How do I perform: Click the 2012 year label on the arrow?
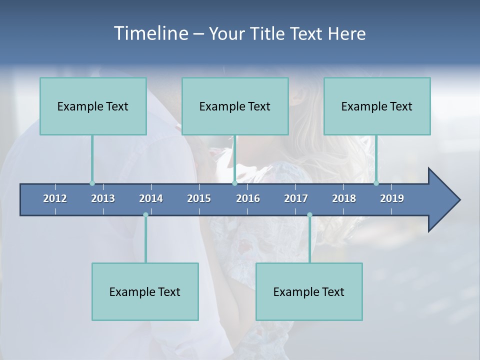coord(55,198)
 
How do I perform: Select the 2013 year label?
coord(103,198)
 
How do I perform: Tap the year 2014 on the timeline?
coord(151,198)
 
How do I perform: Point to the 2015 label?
coord(199,198)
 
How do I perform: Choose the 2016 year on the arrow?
coord(248,198)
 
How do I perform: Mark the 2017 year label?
coord(296,198)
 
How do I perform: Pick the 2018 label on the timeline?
coord(344,198)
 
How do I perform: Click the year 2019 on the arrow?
coord(392,198)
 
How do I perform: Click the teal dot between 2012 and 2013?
coord(92,183)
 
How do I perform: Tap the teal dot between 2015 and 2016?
coord(234,183)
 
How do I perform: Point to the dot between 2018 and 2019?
coord(376,183)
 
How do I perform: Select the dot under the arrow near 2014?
coord(145,215)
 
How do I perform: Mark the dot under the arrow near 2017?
coord(309,215)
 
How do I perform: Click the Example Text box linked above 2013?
coord(93,106)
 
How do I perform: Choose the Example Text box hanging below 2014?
coord(145,291)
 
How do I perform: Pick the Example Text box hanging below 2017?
coord(309,291)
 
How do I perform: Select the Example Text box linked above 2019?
coord(377,106)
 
